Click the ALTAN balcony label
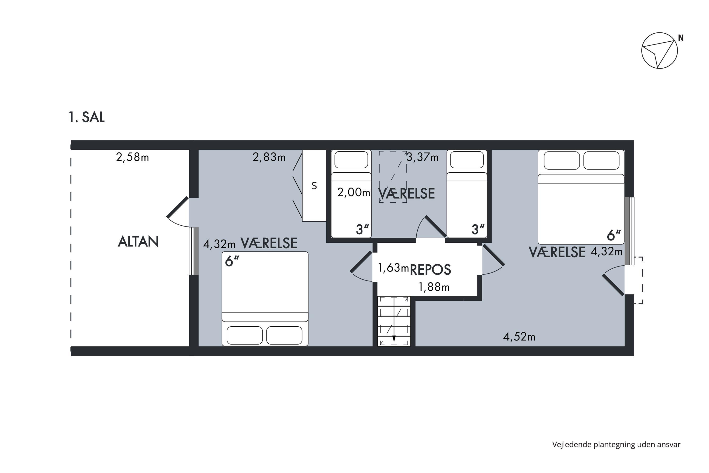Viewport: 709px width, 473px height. [x=138, y=242]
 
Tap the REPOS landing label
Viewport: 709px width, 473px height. [x=430, y=270]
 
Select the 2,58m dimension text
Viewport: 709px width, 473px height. [x=132, y=157]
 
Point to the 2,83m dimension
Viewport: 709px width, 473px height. [x=269, y=157]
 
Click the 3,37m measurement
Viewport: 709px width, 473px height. [x=422, y=157]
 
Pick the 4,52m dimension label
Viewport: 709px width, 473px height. [x=519, y=337]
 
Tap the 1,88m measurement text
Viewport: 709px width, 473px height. [x=434, y=287]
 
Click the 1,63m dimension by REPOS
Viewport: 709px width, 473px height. [x=393, y=267]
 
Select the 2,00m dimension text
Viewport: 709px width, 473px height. [x=354, y=192]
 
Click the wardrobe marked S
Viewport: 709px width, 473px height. [x=314, y=185]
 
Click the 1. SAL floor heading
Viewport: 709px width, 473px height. [x=86, y=117]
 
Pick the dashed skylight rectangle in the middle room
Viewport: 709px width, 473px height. [x=393, y=177]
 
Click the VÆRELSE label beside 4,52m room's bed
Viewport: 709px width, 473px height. [x=557, y=252]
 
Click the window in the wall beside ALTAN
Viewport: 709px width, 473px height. [x=194, y=251]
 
